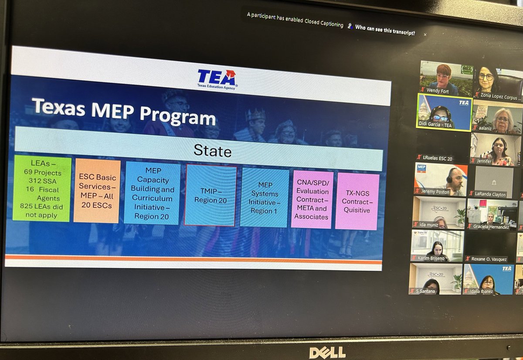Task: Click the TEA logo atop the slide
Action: [x=217, y=79]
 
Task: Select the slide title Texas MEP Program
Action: [x=124, y=112]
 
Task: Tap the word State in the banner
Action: [x=212, y=151]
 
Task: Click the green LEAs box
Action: [x=42, y=188]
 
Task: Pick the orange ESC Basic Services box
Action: [x=97, y=190]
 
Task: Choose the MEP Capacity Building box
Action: [x=152, y=192]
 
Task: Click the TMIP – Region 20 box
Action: [x=211, y=195]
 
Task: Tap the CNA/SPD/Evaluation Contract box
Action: [x=312, y=199]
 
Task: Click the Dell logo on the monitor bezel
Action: [x=327, y=352]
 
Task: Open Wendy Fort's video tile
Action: [x=446, y=78]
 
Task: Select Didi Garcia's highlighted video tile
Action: [x=444, y=112]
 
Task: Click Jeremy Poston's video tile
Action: [x=440, y=179]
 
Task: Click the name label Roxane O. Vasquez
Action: [x=489, y=259]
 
